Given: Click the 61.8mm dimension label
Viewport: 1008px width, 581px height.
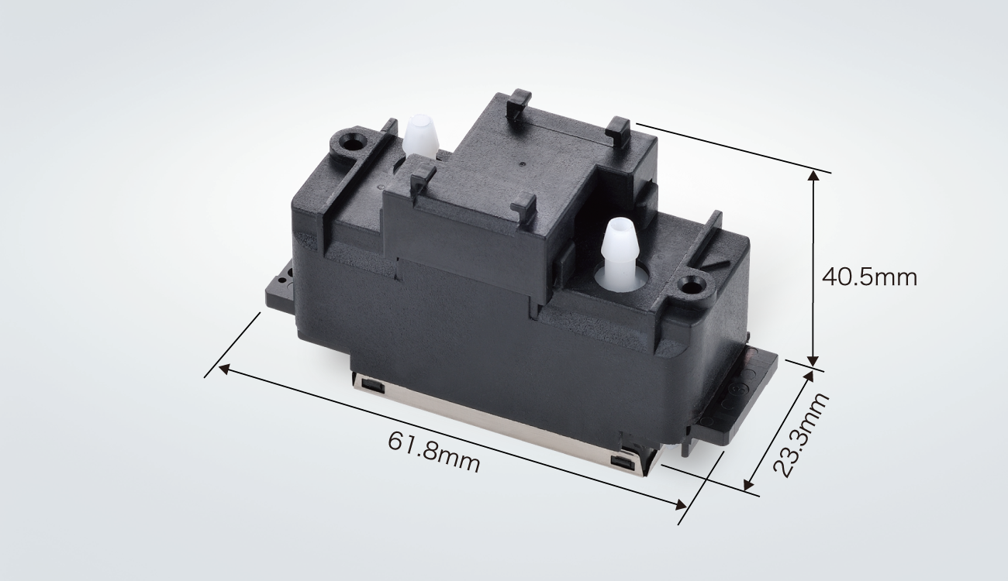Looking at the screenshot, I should click(433, 453).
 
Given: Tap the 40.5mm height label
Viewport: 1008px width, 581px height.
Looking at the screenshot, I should click(869, 277).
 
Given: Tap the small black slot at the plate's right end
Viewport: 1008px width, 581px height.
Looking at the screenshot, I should click(620, 462).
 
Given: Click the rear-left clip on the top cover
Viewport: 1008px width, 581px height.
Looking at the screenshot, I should click(517, 101).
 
